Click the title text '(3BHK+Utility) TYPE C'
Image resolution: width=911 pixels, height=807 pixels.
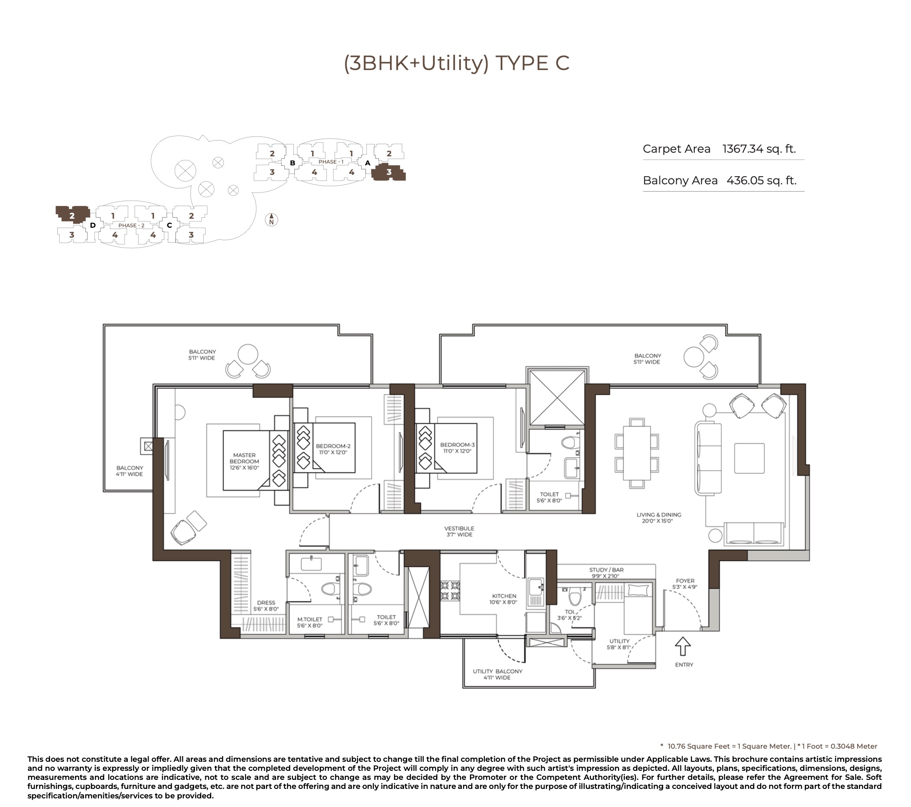456,63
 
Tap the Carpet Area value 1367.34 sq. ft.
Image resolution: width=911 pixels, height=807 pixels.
759,149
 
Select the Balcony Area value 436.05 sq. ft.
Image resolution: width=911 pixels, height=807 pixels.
762,180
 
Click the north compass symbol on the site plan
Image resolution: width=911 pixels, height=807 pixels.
271,220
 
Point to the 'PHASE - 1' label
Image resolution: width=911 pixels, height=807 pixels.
331,162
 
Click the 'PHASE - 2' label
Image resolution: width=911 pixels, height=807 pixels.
131,225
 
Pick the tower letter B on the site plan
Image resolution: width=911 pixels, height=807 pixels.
293,163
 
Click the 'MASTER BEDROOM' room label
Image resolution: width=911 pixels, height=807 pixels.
244,458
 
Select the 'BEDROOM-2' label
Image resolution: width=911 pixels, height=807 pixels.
333,446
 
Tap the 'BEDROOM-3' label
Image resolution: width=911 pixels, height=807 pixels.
457,445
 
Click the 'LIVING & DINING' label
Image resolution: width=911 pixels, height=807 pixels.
659,515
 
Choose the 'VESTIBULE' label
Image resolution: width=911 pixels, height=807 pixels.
459,528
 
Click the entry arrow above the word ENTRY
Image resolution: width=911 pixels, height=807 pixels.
683,646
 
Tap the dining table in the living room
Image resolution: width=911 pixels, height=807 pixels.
637,453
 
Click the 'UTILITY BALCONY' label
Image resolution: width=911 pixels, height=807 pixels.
497,671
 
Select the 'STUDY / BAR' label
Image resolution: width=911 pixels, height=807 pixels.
606,570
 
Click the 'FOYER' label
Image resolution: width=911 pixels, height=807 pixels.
685,581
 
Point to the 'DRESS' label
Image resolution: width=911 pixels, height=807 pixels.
266,602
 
